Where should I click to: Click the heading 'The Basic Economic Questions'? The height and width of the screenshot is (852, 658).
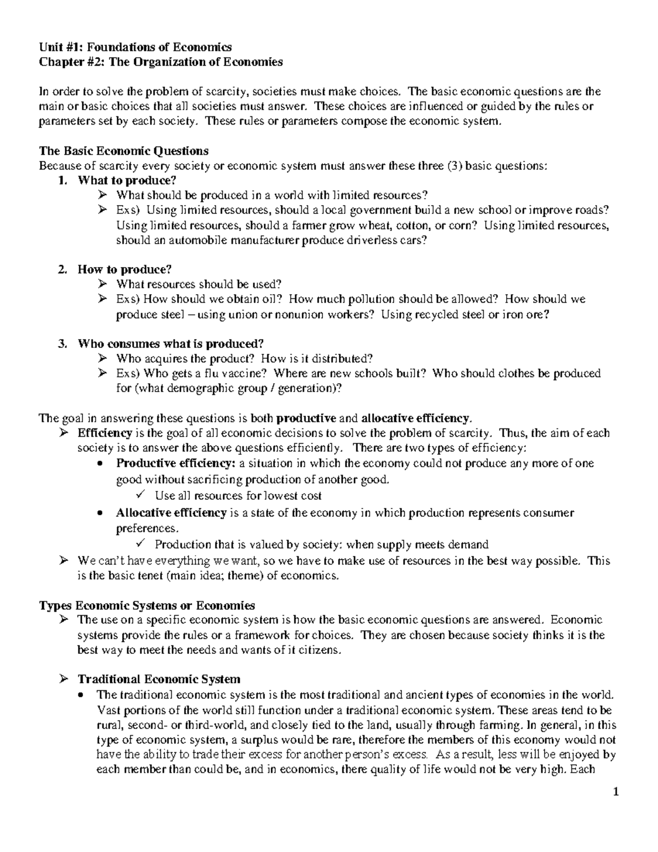coord(123,151)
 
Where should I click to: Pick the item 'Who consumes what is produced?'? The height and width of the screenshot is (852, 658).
coord(171,344)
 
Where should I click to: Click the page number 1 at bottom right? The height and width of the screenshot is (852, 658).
coord(616,792)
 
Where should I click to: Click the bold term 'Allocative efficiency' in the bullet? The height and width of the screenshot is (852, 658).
coord(171,513)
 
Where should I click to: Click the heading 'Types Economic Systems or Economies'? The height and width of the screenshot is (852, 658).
coord(147,606)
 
